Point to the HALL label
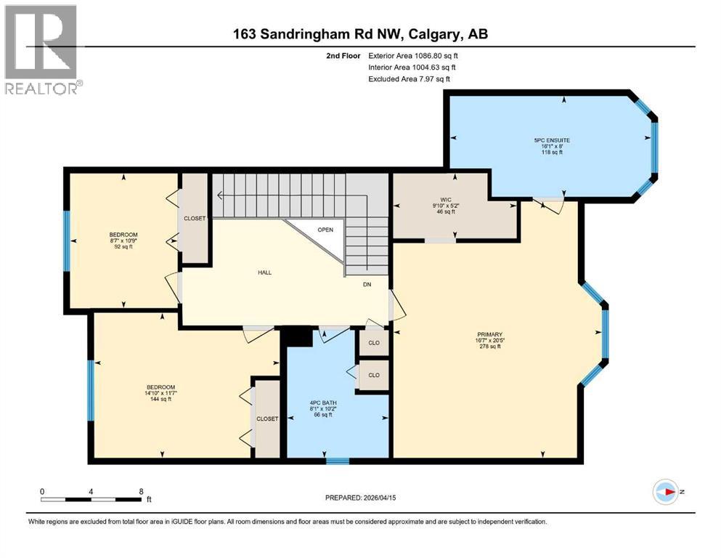tap(264, 272)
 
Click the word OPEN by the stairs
tap(325, 230)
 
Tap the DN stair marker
tap(367, 284)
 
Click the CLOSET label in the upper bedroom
tap(195, 218)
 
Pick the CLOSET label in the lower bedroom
tap(267, 418)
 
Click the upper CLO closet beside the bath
tap(374, 343)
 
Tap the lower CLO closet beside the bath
tap(374, 376)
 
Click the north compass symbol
tap(665, 492)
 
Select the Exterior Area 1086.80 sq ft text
tap(413, 55)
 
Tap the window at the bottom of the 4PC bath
tap(337, 460)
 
